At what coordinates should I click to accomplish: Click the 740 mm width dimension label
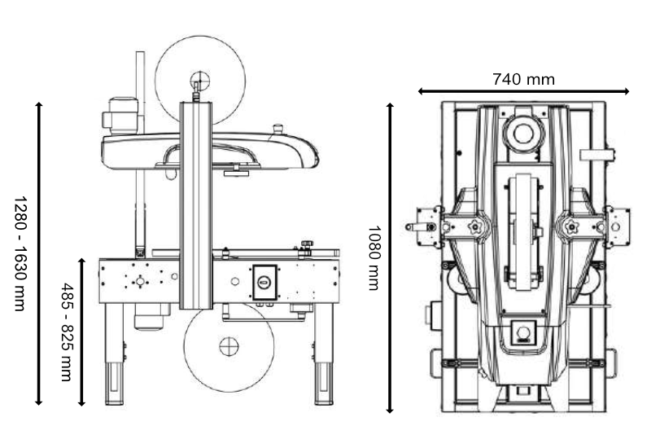[x=523, y=79]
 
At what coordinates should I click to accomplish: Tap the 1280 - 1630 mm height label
[x=19, y=253]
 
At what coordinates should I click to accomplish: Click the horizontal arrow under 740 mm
[x=523, y=92]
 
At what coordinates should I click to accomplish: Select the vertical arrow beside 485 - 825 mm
[x=82, y=332]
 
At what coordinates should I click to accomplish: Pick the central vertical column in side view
[x=196, y=204]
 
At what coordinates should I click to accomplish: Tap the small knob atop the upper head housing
[x=277, y=128]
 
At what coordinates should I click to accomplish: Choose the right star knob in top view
[x=567, y=226]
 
